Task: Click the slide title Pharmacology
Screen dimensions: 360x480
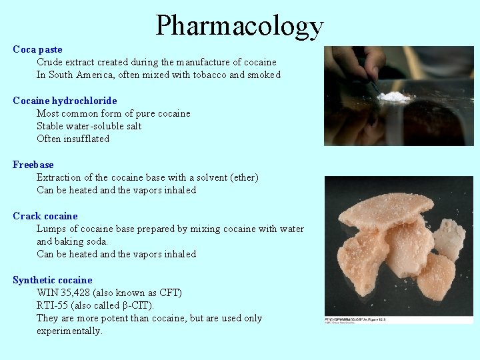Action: [x=239, y=25]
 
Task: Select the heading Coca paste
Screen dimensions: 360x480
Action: [x=37, y=49]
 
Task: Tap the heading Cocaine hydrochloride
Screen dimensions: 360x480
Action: [x=65, y=101]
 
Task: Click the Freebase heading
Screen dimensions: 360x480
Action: [x=33, y=165]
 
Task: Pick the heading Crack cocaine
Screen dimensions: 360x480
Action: [x=45, y=216]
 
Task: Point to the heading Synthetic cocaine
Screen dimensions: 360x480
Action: [x=53, y=280]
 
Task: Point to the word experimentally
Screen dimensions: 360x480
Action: [x=69, y=331]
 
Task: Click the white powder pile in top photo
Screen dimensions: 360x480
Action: [x=393, y=97]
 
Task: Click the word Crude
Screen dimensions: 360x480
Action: [x=51, y=62]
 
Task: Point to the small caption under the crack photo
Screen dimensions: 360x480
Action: [x=357, y=319]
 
